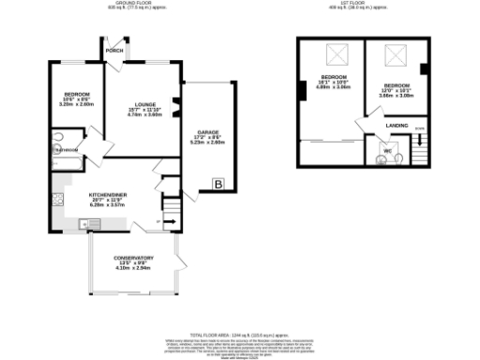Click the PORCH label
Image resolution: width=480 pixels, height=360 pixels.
point(114,51)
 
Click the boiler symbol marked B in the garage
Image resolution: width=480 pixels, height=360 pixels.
point(218,184)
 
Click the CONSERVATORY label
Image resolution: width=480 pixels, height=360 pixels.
point(134,258)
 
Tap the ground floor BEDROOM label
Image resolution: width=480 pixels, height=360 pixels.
point(77,96)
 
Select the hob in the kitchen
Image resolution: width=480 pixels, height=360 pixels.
point(58,201)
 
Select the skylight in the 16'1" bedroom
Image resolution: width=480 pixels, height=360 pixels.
point(333,53)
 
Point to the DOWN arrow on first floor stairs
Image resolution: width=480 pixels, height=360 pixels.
point(419,131)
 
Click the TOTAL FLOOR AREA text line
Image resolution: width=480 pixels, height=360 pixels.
point(239,335)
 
